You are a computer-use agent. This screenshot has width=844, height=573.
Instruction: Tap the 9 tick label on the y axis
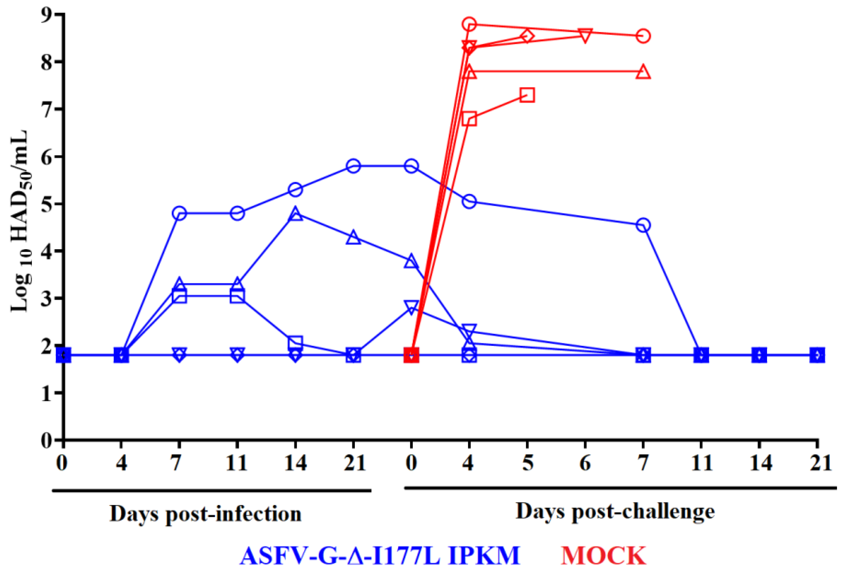click(x=47, y=15)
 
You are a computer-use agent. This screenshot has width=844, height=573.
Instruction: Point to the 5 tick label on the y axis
click(x=47, y=204)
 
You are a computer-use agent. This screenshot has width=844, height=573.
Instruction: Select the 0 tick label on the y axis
click(x=47, y=440)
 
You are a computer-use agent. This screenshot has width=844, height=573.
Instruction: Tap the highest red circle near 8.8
click(x=469, y=24)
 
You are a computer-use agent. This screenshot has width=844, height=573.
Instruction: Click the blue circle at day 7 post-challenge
click(x=643, y=225)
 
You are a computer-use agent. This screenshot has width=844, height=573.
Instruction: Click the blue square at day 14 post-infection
click(x=296, y=342)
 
